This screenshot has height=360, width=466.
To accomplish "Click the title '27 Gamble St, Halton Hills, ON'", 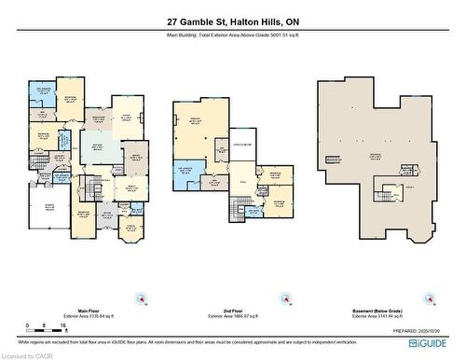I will click(233, 21).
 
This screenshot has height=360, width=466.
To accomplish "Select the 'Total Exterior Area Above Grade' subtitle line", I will click(233, 35).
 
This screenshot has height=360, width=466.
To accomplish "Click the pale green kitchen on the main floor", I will click(97, 149).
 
